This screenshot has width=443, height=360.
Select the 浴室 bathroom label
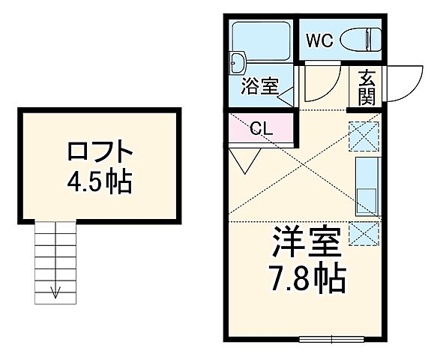pyautogui.click(x=258, y=86)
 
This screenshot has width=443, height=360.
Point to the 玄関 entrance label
pyautogui.click(x=367, y=86)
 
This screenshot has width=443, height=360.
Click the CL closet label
pyautogui.click(x=261, y=128)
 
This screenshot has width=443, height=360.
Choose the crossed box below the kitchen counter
pyautogui.click(x=364, y=233)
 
